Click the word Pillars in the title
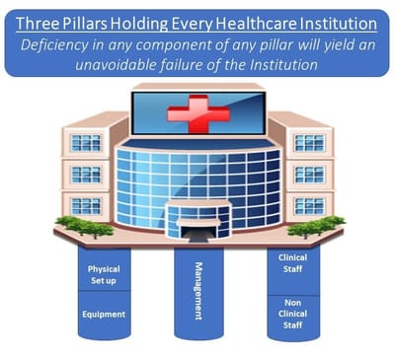tap(112, 21)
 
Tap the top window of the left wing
tap(87, 143)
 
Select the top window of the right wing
tap(308, 143)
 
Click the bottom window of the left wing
tap(87, 205)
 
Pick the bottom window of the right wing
tap(308, 205)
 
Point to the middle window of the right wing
tap(308, 175)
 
